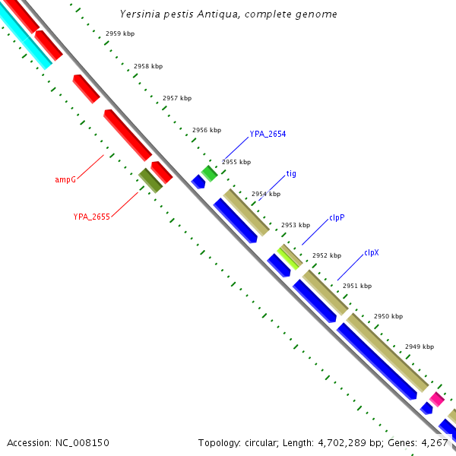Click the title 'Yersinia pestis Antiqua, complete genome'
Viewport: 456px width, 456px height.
click(x=229, y=14)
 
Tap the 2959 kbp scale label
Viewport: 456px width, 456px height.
click(x=119, y=34)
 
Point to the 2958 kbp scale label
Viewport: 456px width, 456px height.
click(x=148, y=67)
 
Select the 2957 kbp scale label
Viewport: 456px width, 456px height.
click(x=177, y=99)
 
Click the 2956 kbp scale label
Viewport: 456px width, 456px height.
click(x=207, y=131)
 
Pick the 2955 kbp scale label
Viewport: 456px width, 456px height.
click(x=236, y=163)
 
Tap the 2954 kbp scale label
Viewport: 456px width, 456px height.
click(x=266, y=195)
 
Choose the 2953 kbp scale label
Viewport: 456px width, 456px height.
click(x=296, y=226)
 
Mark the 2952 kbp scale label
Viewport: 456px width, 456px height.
click(x=327, y=256)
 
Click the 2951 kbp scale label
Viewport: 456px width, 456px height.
click(x=357, y=287)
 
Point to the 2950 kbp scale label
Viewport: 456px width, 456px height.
click(x=388, y=317)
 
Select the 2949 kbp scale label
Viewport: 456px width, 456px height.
click(x=420, y=347)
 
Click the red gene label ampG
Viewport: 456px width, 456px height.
click(x=65, y=180)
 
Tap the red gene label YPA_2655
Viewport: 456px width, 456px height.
click(x=92, y=217)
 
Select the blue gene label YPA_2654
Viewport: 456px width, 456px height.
click(x=268, y=135)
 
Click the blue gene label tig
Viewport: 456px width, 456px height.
click(x=291, y=174)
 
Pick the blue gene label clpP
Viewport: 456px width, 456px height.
click(x=337, y=217)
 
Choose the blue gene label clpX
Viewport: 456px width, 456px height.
click(x=372, y=253)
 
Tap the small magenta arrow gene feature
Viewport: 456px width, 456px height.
click(x=436, y=398)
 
